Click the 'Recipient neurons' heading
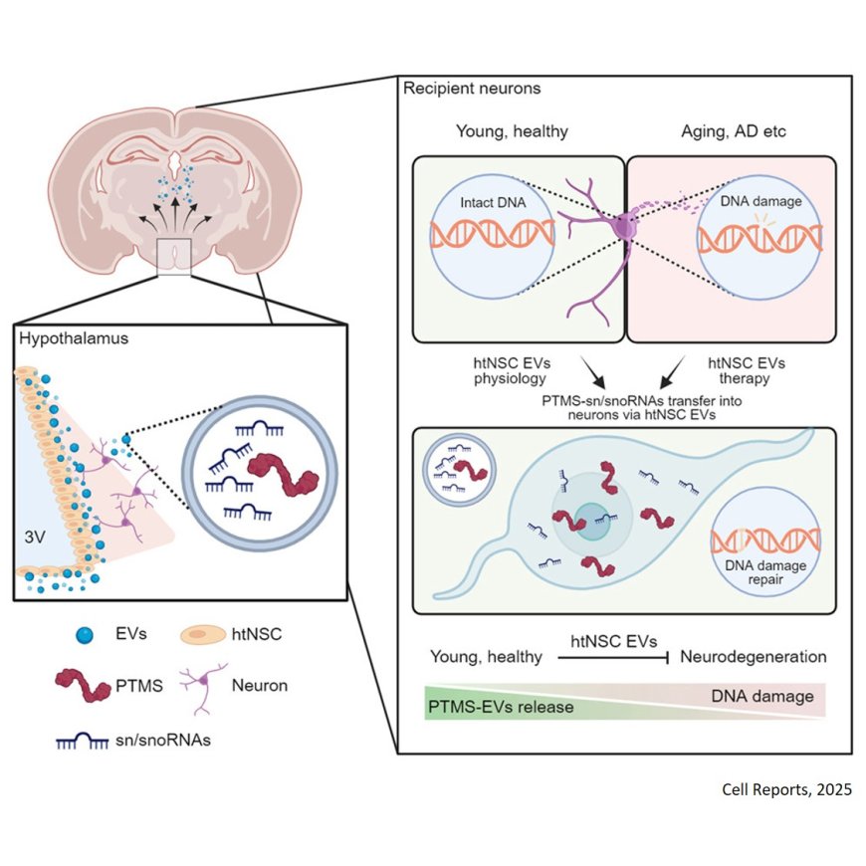[x=471, y=89]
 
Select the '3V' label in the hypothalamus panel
[x=36, y=535]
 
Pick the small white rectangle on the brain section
[x=175, y=257]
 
